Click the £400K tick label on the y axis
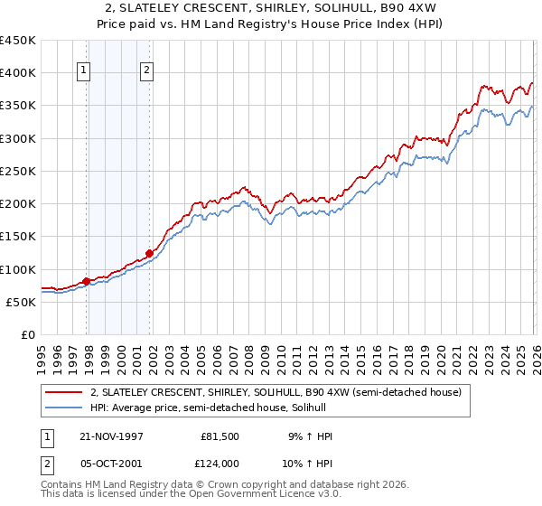tap(18, 73)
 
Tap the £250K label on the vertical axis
tap(18, 171)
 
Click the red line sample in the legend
tap(65, 392)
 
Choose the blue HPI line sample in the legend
tap(65, 408)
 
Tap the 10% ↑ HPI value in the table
tap(309, 462)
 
